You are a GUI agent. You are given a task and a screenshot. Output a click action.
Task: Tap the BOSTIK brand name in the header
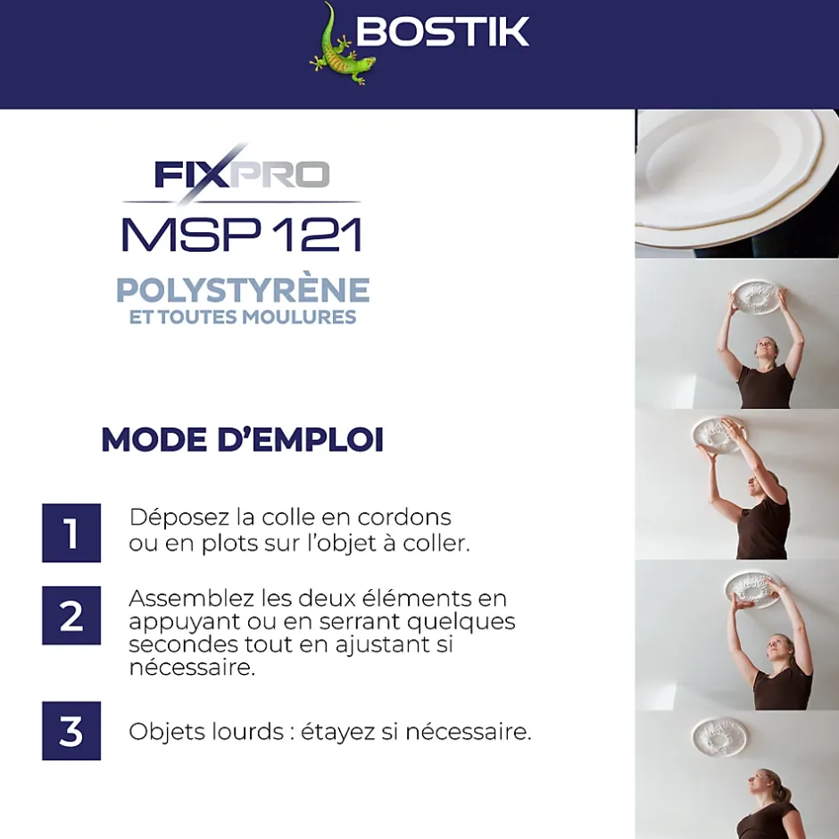click(x=443, y=31)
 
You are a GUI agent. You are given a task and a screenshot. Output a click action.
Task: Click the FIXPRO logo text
click(x=242, y=174)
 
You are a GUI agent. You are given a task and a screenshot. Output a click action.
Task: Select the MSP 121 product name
click(x=243, y=235)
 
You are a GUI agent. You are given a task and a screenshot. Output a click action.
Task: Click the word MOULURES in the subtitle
click(x=299, y=317)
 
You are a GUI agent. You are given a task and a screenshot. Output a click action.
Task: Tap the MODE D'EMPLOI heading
click(x=243, y=439)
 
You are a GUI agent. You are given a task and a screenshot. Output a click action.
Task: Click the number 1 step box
click(x=71, y=533)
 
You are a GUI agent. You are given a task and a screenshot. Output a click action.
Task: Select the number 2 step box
click(x=71, y=615)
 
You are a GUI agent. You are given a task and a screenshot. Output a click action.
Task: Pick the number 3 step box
click(x=71, y=731)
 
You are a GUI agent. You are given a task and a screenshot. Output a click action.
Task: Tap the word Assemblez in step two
click(x=192, y=598)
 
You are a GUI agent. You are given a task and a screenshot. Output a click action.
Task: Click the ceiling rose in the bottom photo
click(x=719, y=736)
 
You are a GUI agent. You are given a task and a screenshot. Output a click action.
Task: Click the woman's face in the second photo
click(x=765, y=351)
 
